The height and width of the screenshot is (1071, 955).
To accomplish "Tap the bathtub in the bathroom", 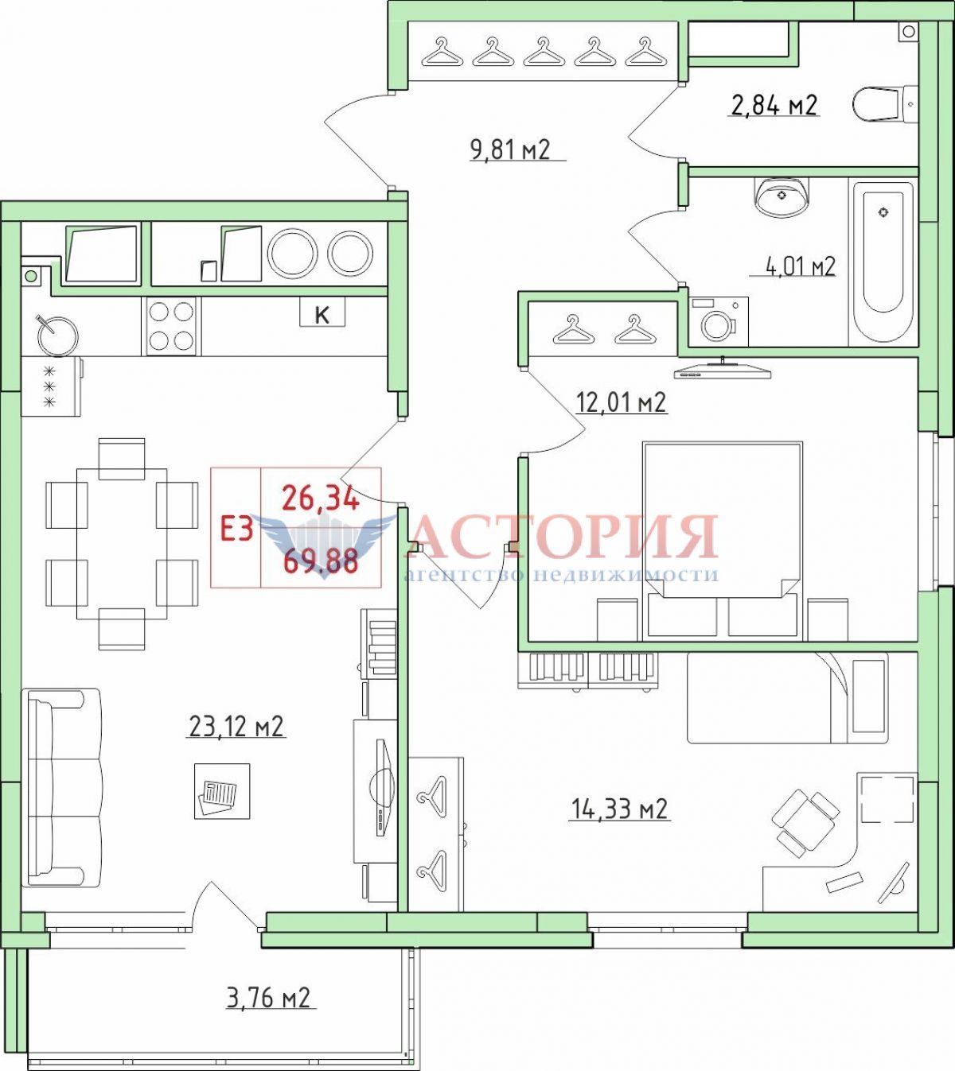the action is point(883,262).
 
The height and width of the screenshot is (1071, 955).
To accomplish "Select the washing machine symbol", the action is point(719,322).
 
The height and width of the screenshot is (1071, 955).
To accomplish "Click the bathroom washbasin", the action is point(782,196).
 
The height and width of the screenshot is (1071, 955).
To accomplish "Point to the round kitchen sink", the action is point(57,336).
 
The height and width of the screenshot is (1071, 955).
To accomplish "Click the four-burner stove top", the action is point(171,326).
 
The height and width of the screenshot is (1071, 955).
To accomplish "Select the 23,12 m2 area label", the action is point(236,727).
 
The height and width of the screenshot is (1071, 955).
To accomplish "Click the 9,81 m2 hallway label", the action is point(511,149).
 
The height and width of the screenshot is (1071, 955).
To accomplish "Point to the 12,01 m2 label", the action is point(622,403).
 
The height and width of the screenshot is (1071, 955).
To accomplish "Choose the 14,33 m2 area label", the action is point(620,809).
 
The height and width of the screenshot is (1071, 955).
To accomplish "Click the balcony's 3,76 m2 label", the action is point(268,999).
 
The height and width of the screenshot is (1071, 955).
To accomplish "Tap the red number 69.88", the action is point(322,562).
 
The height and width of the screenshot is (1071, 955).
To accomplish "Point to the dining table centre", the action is point(123,543).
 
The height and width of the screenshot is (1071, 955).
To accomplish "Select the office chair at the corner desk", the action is point(805,823).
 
